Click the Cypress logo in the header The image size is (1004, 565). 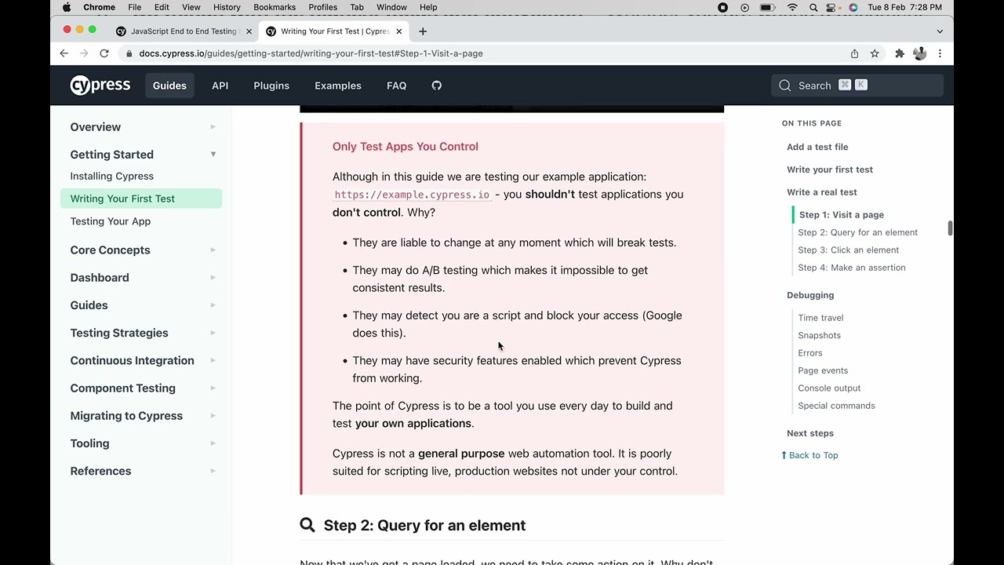100,86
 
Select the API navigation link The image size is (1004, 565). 220,86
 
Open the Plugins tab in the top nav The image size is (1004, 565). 271,86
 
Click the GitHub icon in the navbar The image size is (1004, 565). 437,86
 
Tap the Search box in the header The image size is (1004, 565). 857,86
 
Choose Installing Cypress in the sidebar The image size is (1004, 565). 112,177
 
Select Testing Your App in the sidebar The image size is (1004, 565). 111,221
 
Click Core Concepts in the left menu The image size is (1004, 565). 110,250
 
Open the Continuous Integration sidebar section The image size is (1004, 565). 132,361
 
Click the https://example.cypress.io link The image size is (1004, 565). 412,195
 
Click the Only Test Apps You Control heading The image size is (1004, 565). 405,147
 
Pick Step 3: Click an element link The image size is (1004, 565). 848,250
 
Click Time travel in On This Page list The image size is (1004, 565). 820,318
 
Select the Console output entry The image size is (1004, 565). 829,388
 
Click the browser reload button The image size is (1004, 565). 104,53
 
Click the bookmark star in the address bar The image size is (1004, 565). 875,53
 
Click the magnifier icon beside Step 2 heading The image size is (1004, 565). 307,525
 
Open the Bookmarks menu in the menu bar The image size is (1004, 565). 275,7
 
